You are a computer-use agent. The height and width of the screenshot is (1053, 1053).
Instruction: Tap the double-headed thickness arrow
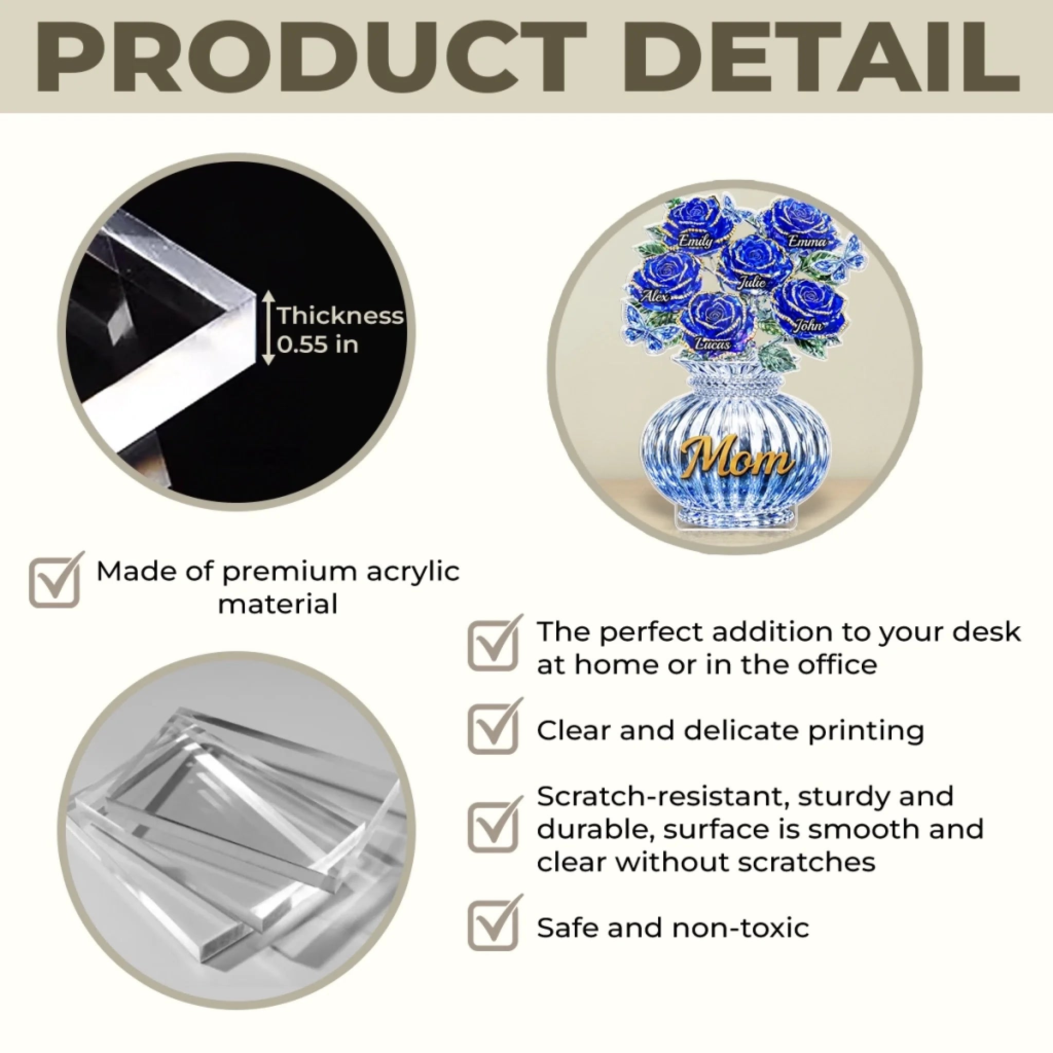268,327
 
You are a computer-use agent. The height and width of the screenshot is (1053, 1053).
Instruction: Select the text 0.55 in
318,344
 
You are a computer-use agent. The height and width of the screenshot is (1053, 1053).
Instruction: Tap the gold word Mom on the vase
736,457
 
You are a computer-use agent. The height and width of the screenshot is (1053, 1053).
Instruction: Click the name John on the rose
808,325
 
